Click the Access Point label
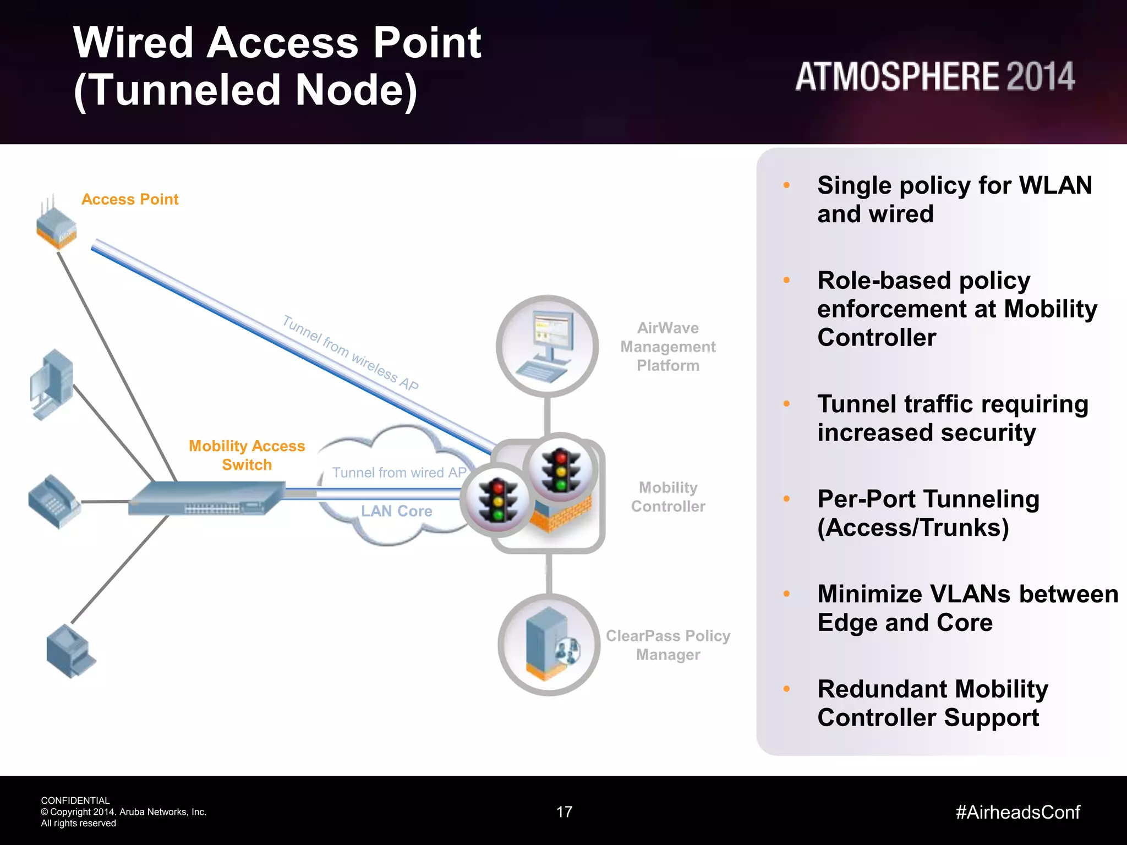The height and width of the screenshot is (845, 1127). tap(130, 199)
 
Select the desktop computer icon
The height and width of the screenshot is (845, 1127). tap(52, 385)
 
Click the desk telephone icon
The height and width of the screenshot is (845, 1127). tap(53, 501)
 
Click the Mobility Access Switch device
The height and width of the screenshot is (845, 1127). tap(206, 498)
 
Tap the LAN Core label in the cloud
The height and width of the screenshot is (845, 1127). tap(396, 511)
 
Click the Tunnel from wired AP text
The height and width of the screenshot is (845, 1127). tap(399, 473)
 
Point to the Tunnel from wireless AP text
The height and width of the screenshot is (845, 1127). tap(351, 353)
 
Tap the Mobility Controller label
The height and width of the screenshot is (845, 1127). tap(668, 497)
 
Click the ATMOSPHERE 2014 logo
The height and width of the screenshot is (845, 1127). tap(934, 76)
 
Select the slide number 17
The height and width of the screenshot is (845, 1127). tap(565, 812)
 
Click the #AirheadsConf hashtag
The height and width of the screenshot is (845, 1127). tap(1017, 812)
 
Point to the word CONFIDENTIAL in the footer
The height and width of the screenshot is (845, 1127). tap(75, 800)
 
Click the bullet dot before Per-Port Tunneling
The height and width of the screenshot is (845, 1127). tap(786, 499)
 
